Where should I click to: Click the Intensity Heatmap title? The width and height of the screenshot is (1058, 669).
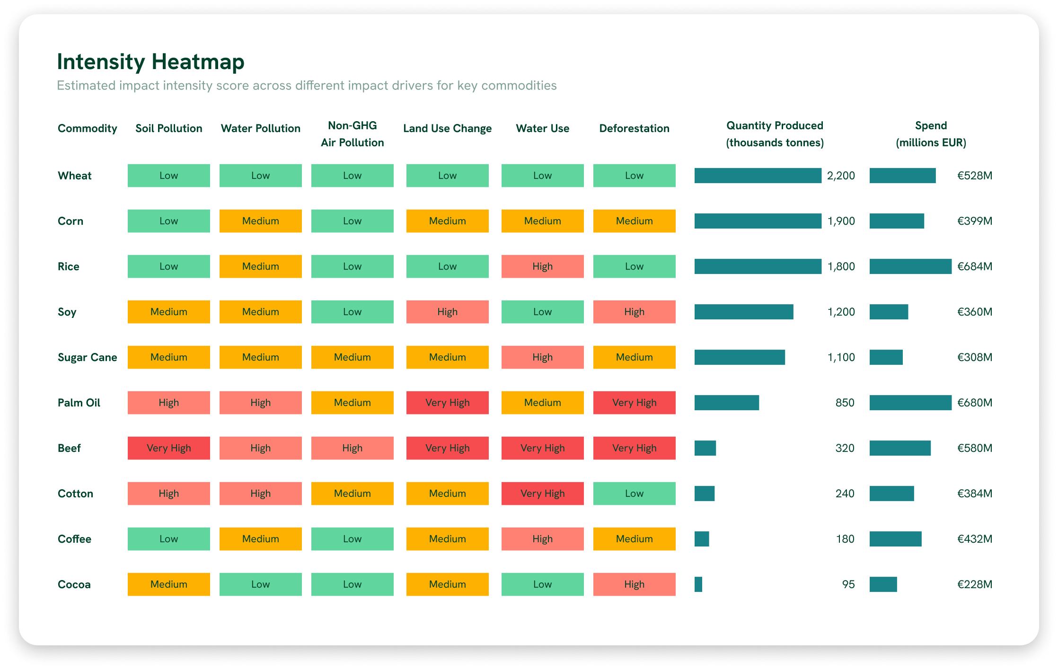click(x=150, y=62)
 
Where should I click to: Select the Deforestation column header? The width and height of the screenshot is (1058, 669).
click(x=634, y=128)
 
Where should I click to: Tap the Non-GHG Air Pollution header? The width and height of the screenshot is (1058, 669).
click(x=352, y=134)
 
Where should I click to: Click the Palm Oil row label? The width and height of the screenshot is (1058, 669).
click(x=79, y=403)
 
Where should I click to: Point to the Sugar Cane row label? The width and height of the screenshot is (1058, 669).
click(x=87, y=357)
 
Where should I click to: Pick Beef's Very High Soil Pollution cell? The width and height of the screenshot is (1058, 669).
click(x=168, y=448)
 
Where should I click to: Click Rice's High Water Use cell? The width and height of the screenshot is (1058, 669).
click(x=542, y=266)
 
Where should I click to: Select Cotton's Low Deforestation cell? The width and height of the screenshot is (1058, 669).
click(x=634, y=493)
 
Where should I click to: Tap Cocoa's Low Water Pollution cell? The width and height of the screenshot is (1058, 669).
click(x=260, y=584)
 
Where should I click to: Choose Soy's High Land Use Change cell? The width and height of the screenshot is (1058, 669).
click(x=447, y=312)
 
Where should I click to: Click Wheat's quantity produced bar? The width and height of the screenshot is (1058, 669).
click(x=758, y=176)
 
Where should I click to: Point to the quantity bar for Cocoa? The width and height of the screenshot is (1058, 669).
click(x=698, y=584)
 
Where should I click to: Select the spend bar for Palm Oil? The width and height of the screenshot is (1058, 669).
click(x=910, y=403)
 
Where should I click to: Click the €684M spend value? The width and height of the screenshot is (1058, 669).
click(x=975, y=266)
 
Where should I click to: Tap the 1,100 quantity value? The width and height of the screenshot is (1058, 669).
click(x=841, y=357)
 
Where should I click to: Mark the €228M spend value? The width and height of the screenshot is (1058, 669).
click(x=975, y=584)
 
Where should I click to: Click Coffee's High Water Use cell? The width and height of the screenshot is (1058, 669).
click(x=542, y=539)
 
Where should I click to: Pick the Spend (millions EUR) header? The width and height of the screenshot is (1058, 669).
click(x=931, y=134)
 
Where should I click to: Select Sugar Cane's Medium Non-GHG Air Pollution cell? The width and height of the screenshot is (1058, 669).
click(x=352, y=357)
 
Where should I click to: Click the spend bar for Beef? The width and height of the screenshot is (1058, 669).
click(x=900, y=448)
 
